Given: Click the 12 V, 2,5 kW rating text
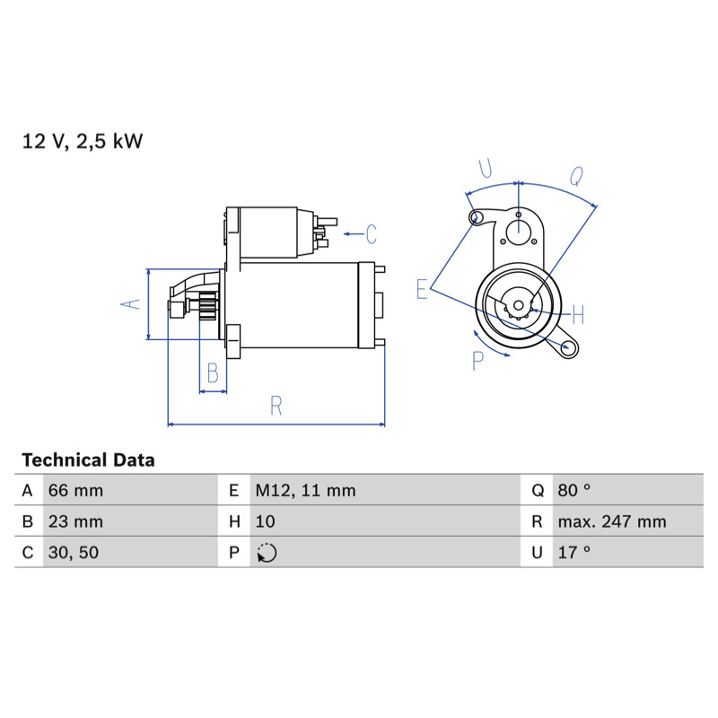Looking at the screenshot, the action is [x=83, y=141].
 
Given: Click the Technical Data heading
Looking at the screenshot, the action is [x=88, y=460].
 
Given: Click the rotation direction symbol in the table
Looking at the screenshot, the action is [x=267, y=553].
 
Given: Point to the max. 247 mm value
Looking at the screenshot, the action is [x=612, y=521].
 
